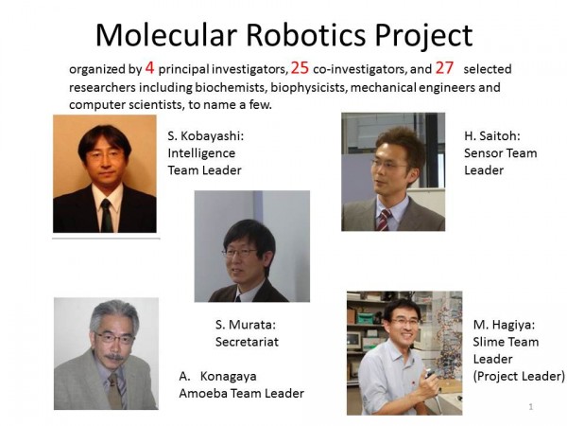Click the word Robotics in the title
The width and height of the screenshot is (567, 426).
[306, 35]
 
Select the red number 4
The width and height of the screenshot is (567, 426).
[149, 68]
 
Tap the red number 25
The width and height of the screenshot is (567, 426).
[300, 68]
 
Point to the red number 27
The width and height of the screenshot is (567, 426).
[444, 68]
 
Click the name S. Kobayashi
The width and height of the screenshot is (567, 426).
[206, 135]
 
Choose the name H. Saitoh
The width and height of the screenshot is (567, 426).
[492, 135]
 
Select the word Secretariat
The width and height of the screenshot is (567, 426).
[247, 342]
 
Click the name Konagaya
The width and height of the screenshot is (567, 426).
[228, 377]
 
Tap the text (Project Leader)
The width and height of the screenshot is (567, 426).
[519, 377]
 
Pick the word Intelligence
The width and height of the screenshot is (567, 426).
[201, 153]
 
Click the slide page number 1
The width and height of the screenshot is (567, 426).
[531, 407]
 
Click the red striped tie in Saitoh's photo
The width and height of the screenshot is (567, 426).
[384, 220]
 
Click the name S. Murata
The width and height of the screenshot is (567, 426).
[246, 325]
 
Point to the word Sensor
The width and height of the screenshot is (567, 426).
[483, 153]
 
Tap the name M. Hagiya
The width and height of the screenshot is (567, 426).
[504, 325]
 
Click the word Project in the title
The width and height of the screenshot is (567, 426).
[423, 36]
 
